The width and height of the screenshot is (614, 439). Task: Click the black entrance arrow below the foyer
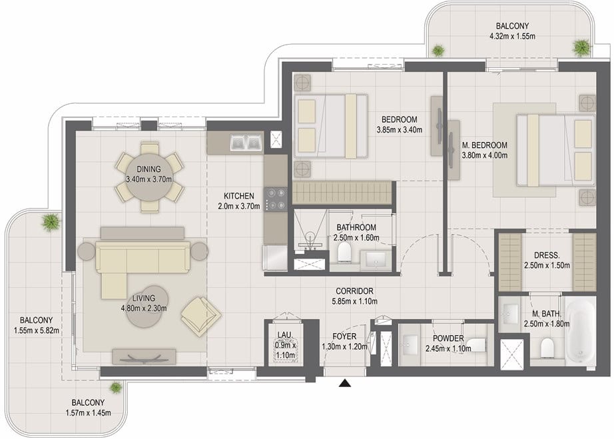pyautogui.click(x=344, y=382)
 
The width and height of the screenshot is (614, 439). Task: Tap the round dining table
pyautogui.click(x=149, y=178)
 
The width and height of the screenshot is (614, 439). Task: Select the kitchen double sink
pyautogui.click(x=246, y=143)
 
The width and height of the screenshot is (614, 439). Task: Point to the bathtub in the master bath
pyautogui.click(x=579, y=333)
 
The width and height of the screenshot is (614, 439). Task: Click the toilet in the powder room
pyautogui.click(x=477, y=345)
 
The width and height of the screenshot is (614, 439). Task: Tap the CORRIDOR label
pyautogui.click(x=354, y=291)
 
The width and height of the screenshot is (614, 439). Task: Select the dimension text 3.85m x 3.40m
pyautogui.click(x=400, y=130)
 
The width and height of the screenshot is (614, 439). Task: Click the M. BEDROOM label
pyautogui.click(x=484, y=145)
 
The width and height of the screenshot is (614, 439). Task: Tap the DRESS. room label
pyautogui.click(x=547, y=255)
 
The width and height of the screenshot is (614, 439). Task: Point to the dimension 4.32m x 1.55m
pyautogui.click(x=512, y=37)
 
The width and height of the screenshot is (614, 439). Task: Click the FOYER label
pyautogui.click(x=344, y=336)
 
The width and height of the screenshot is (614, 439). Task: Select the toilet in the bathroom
pyautogui.click(x=344, y=251)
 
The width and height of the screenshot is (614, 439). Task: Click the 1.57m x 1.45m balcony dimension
pyautogui.click(x=88, y=413)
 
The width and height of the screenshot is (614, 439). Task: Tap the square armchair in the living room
pyautogui.click(x=200, y=316)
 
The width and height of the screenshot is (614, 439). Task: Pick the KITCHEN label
pyautogui.click(x=239, y=196)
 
